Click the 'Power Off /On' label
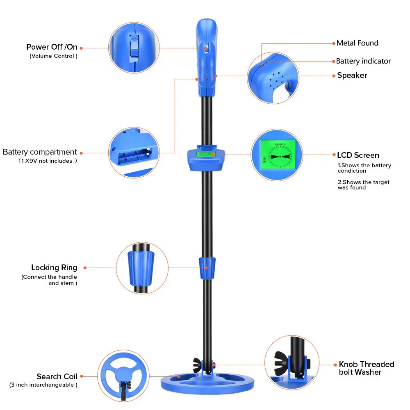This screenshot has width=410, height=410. pyautogui.click(x=52, y=47)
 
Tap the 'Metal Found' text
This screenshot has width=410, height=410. pyautogui.click(x=357, y=43)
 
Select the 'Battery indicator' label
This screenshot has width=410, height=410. pyautogui.click(x=363, y=61)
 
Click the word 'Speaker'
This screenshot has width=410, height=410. pyautogui.click(x=352, y=75)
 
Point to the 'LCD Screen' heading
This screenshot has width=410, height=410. pyautogui.click(x=358, y=155)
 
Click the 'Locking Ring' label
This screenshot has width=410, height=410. pyautogui.click(x=54, y=268)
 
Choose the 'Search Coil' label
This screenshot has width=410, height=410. pyautogui.click(x=57, y=376)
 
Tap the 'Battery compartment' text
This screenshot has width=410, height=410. pyautogui.click(x=40, y=152)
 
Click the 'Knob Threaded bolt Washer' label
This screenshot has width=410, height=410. pyautogui.click(x=366, y=368)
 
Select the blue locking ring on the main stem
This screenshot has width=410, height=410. pyautogui.click(x=207, y=267)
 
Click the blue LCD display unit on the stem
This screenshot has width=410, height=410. pyautogui.click(x=206, y=159)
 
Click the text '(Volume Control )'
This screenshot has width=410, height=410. pyautogui.click(x=53, y=56)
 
